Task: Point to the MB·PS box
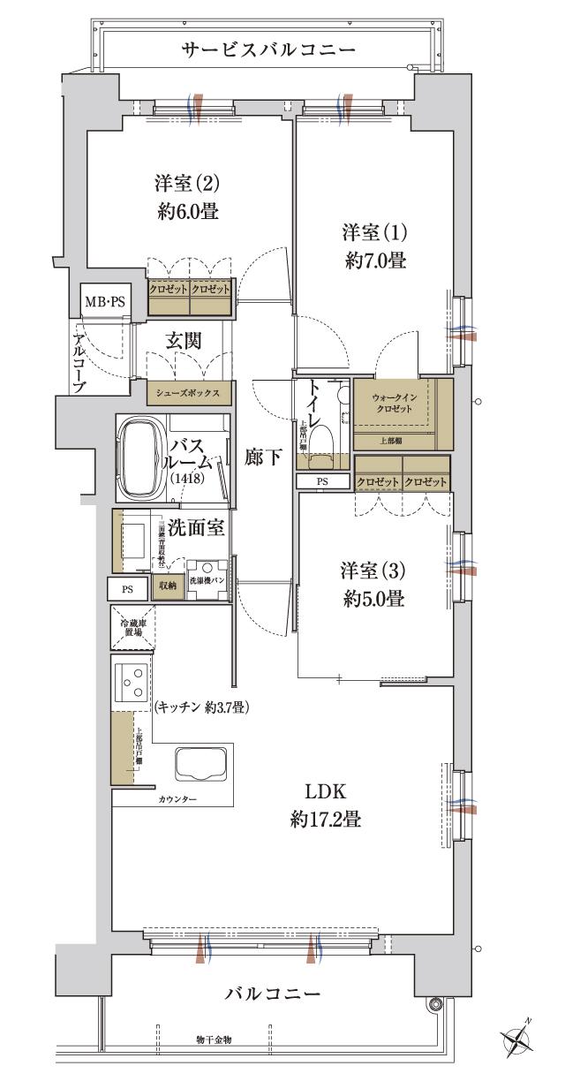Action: (x=104, y=302)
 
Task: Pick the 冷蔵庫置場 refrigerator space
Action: (x=131, y=629)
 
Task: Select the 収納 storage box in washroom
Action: (x=167, y=586)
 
